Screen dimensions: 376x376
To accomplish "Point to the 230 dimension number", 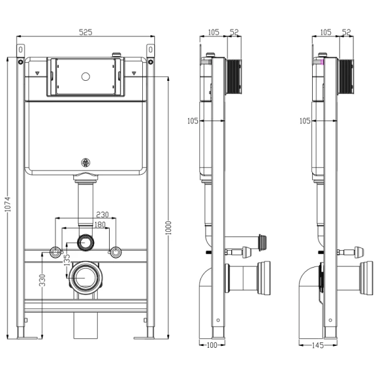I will pyautogui.click(x=102, y=214).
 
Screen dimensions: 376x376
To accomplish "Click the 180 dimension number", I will pyautogui.click(x=100, y=224).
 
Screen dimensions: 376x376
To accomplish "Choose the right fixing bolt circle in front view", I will pyautogui.click(x=115, y=252).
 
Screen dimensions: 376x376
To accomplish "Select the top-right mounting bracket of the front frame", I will pyautogui.click(x=150, y=51).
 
